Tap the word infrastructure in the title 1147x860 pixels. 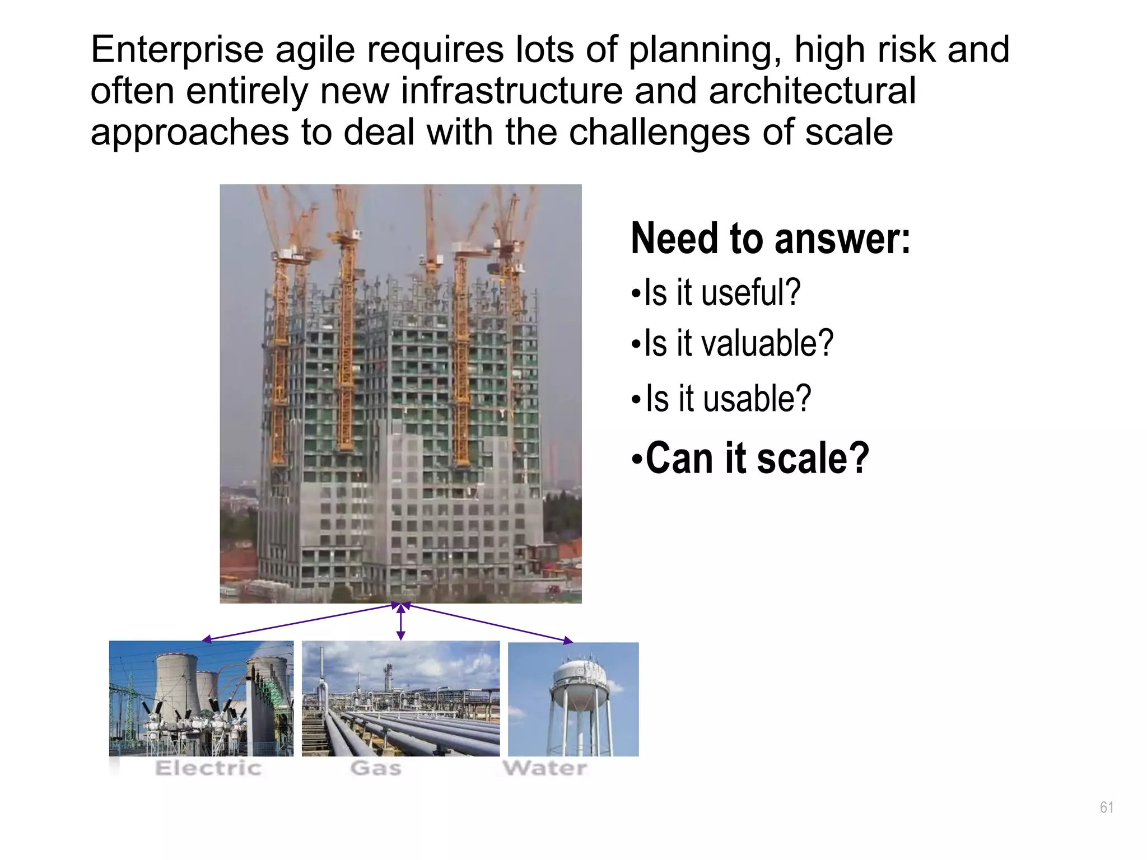click(511, 91)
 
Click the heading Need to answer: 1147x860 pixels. click(770, 239)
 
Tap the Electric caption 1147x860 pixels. click(208, 768)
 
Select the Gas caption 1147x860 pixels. click(376, 768)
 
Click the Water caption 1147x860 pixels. click(545, 768)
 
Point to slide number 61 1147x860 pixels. click(1106, 807)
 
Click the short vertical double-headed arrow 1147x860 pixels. click(400, 621)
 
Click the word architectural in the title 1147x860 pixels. click(812, 91)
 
